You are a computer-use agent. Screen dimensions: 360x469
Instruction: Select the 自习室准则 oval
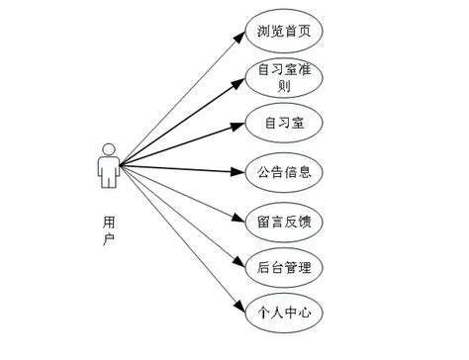click(284, 77)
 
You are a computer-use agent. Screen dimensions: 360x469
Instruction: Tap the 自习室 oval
click(284, 124)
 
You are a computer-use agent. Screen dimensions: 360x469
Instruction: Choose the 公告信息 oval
click(284, 172)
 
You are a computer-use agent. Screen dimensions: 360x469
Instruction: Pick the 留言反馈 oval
click(284, 220)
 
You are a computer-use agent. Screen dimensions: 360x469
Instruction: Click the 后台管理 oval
click(284, 266)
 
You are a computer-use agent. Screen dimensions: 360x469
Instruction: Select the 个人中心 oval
click(284, 314)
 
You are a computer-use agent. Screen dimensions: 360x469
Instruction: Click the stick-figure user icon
click(108, 165)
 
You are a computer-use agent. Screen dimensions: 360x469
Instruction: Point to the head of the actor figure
click(108, 150)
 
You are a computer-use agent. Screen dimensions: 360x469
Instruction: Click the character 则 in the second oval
click(285, 85)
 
